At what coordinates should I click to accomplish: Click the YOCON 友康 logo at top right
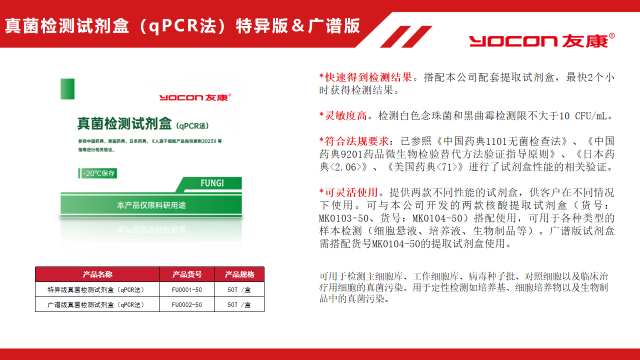tap(541, 40)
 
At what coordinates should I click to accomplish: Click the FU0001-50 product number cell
tap(187, 289)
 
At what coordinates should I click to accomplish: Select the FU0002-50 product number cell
tap(187, 304)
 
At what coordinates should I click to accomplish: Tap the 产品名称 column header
tap(97, 274)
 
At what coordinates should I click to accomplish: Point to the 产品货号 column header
tap(187, 274)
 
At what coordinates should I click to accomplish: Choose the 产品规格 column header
tap(239, 274)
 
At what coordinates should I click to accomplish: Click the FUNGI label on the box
tap(212, 183)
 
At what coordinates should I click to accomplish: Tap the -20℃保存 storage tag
tap(97, 173)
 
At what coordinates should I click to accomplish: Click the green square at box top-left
tap(67, 89)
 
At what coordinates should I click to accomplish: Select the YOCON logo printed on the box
tap(195, 97)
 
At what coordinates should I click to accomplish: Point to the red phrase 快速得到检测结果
tap(368, 77)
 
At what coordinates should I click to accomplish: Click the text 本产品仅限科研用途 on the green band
tap(151, 205)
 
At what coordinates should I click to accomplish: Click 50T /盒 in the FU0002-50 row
tap(239, 304)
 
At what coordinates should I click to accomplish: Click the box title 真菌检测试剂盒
tap(124, 123)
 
